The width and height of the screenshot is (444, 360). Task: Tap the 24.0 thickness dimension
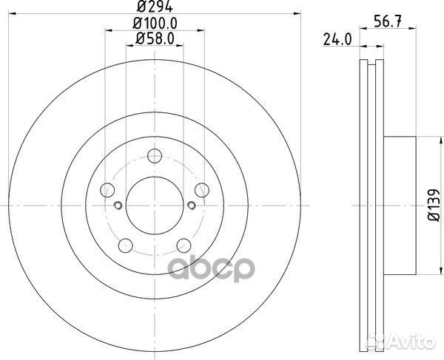click(x=337, y=41)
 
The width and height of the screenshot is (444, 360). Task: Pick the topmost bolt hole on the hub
click(x=155, y=156)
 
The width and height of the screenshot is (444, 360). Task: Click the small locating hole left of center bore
click(x=118, y=205)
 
